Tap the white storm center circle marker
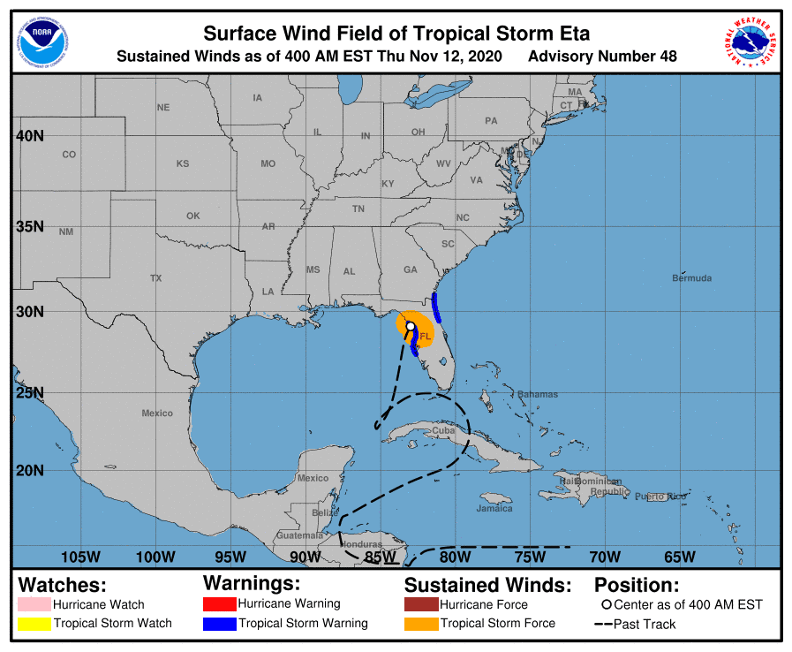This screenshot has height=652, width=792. coord(410,326)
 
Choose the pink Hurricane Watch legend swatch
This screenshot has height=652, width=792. coord(34,605)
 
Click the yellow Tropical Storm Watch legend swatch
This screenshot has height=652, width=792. coord(34,624)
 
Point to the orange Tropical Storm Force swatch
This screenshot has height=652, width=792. coord(421,624)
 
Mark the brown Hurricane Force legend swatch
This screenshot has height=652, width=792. coord(421,605)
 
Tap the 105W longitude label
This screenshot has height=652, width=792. coord(80,557)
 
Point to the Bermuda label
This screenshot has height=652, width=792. coord(691,278)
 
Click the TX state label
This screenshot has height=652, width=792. coord(156,278)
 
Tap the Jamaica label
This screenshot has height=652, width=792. coord(494,508)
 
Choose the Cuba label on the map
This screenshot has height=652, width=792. coord(443,430)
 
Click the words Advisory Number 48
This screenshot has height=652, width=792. coord(602,57)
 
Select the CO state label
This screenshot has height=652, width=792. coord(69,155)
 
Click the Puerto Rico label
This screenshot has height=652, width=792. coord(660,497)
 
